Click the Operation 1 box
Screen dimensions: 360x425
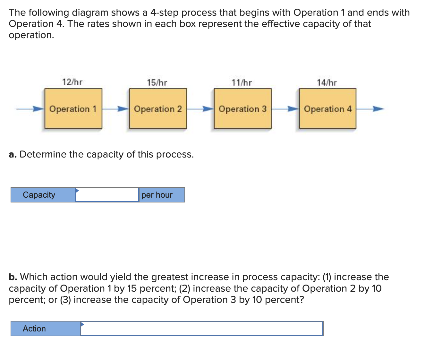coord(73,109)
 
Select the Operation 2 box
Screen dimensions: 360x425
coord(158,109)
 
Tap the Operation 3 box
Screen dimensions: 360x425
coord(242,109)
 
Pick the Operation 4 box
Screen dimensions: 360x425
coord(327,109)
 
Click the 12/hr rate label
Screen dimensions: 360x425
coord(72,82)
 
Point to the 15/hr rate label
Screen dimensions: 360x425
coord(157,83)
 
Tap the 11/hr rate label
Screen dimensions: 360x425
coord(242,83)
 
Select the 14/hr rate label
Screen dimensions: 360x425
coord(327,83)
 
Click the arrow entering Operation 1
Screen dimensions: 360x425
coord(30,109)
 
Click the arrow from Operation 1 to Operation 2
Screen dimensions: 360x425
coord(115,109)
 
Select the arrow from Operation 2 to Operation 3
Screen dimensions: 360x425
coord(200,109)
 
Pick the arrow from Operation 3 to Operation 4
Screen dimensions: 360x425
coord(285,109)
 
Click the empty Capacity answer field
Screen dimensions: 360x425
coord(107,195)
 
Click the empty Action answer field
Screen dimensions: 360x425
coord(201,329)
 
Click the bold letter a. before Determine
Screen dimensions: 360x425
coord(13,155)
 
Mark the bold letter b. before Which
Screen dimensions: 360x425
coord(13,277)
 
